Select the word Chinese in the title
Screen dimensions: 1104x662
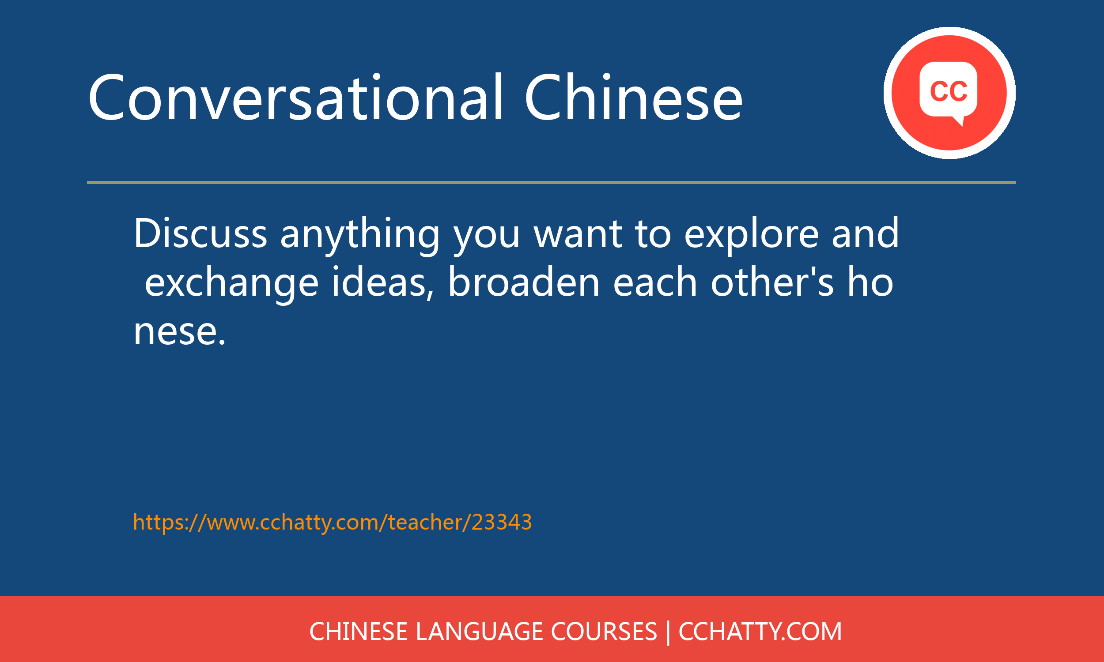pyautogui.click(x=634, y=97)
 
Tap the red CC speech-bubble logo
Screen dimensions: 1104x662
pyautogui.click(x=949, y=93)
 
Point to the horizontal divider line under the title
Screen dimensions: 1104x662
pyautogui.click(x=552, y=182)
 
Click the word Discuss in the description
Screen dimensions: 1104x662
pyautogui.click(x=200, y=233)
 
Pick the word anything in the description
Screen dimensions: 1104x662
pyautogui.click(x=360, y=237)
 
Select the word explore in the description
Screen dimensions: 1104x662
pyautogui.click(x=752, y=237)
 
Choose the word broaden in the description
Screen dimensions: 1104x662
pyautogui.click(x=524, y=282)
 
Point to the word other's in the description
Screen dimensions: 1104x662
pyautogui.click(x=772, y=282)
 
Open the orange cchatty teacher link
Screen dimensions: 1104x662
pyautogui.click(x=333, y=523)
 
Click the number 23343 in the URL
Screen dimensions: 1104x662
pyautogui.click(x=502, y=522)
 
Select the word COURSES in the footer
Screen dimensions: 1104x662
pyautogui.click(x=604, y=632)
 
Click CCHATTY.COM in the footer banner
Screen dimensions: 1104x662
pyautogui.click(x=760, y=632)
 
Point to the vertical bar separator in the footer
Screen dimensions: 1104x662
pyautogui.click(x=668, y=632)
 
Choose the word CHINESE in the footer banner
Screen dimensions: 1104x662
pyautogui.click(x=358, y=632)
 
